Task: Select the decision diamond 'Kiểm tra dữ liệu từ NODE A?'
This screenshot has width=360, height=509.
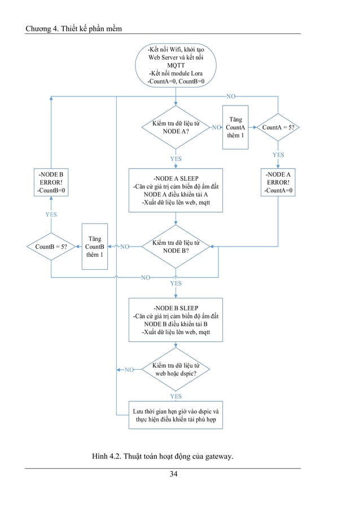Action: coord(176,128)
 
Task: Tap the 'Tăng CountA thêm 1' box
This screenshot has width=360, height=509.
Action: coord(235,128)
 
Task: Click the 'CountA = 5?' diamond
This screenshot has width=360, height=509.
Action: coord(278,128)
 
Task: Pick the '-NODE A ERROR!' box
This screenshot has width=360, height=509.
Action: coord(278,183)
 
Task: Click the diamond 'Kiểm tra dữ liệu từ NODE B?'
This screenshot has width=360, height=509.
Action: coord(176,246)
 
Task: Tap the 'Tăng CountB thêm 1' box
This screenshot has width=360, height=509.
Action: coord(94,246)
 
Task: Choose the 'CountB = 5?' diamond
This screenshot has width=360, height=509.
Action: coord(51,246)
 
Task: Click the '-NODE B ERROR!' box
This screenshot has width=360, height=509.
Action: coord(51,183)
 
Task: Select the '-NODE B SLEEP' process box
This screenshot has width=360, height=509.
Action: coord(176,320)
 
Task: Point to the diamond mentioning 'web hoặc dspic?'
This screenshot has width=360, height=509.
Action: coord(176,370)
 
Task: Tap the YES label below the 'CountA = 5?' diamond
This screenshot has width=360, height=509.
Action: coord(278,155)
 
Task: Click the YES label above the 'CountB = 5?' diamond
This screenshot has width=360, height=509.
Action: coord(51,214)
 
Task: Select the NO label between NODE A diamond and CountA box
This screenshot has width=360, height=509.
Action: coord(216,128)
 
